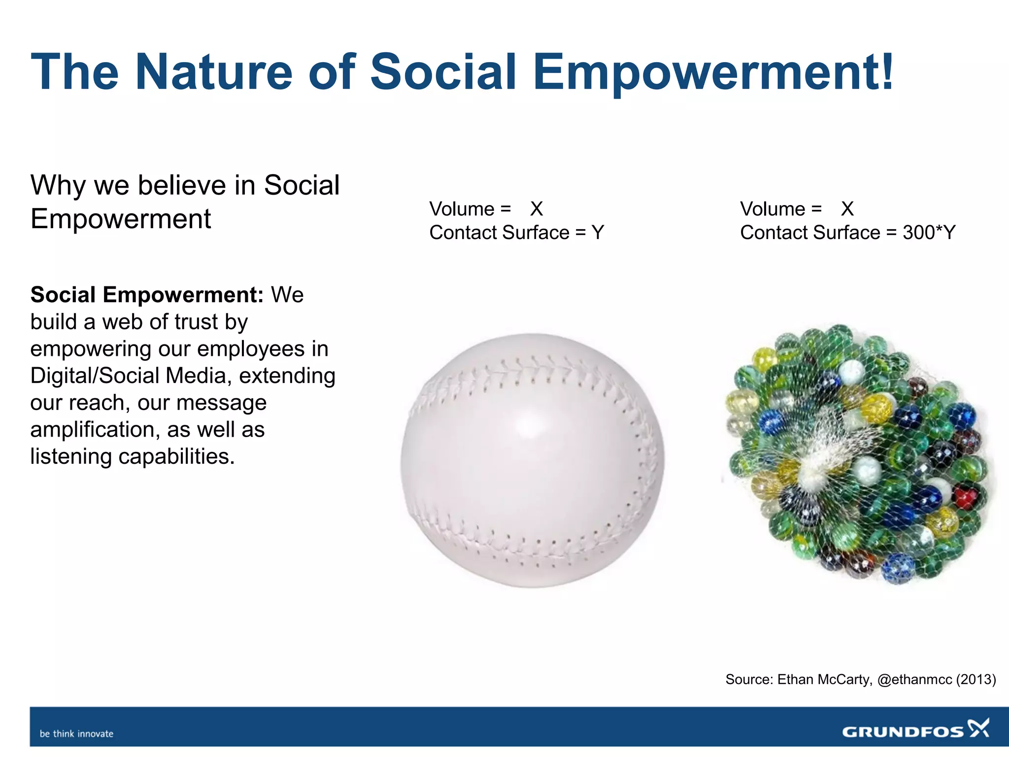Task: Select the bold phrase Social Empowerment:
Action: tap(147, 295)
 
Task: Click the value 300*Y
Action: tap(929, 233)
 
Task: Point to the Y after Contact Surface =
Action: tap(598, 233)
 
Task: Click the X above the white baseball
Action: tap(537, 209)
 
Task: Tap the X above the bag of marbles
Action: tap(847, 209)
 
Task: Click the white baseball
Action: tap(532, 461)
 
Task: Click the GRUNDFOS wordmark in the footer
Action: tap(903, 732)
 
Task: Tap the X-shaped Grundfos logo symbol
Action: tap(978, 728)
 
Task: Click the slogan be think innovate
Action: tap(76, 734)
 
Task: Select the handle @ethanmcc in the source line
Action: tap(914, 680)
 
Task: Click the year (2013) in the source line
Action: tap(976, 680)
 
